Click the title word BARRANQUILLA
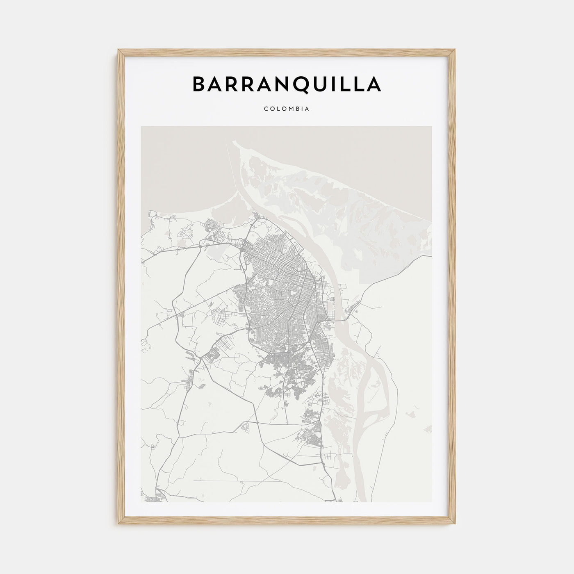click(x=287, y=84)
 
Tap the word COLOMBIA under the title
click(x=287, y=109)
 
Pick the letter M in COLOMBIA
click(x=292, y=109)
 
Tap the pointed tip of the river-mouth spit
click(x=234, y=142)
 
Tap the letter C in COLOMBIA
click(x=266, y=109)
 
